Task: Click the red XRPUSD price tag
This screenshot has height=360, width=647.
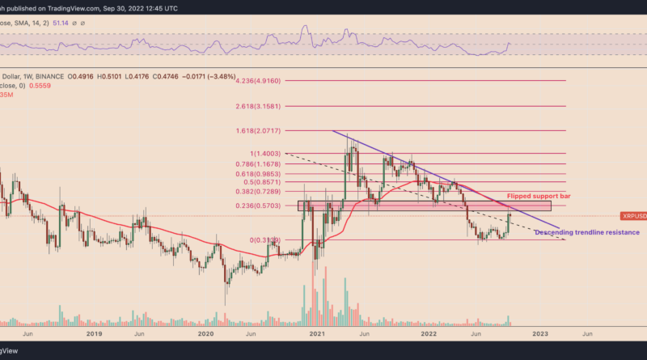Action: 632,216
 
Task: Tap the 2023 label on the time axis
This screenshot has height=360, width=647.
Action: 540,332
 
